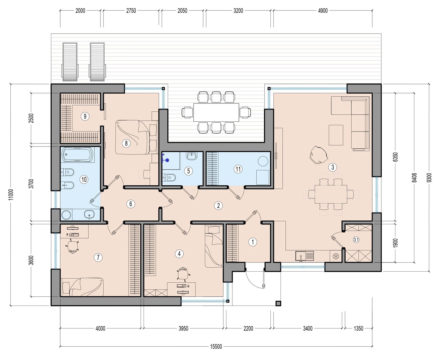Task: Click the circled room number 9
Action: coord(85,116)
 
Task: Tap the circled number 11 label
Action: coord(238,169)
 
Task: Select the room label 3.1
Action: coord(356,240)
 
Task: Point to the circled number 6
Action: coord(131,204)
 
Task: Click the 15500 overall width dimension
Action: coord(216,347)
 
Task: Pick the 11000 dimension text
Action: coord(11,195)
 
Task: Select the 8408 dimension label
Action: coord(415,178)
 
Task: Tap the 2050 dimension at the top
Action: coord(182,11)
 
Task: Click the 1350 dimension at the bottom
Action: coord(358,328)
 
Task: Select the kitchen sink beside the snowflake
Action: coord(304,256)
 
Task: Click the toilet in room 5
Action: coord(169,178)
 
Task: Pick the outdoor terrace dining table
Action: coord(216,112)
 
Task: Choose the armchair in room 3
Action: coord(318,155)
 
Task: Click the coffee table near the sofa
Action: coord(336,135)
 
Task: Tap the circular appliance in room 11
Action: coord(263,161)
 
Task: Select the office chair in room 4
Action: coord(183,273)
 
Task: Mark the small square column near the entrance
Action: coord(278,303)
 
